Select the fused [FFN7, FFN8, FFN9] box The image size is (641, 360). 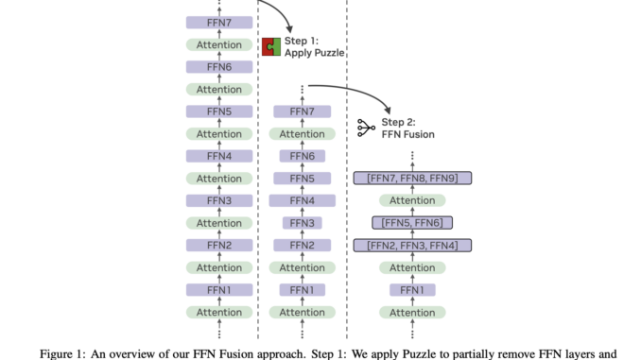pyautogui.click(x=411, y=178)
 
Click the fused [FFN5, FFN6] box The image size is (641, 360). pyautogui.click(x=411, y=223)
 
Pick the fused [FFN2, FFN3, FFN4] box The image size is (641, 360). pyautogui.click(x=411, y=246)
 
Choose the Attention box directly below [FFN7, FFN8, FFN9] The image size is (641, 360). pyautogui.click(x=412, y=200)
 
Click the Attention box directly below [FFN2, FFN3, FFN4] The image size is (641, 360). pyautogui.click(x=412, y=268)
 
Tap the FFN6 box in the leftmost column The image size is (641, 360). pyautogui.click(x=219, y=67)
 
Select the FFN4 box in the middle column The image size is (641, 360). pyautogui.click(x=302, y=200)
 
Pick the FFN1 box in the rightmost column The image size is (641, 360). pyautogui.click(x=412, y=290)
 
